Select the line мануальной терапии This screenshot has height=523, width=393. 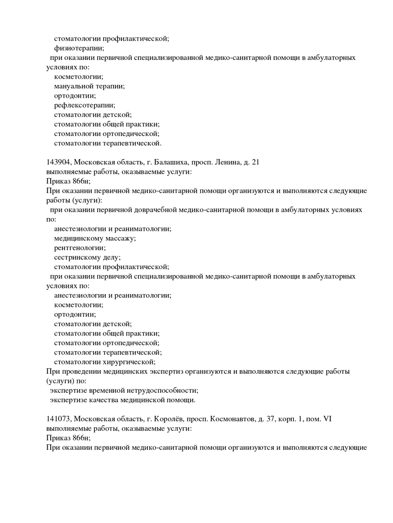pos(89,86)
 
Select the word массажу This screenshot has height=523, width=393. pos(120,238)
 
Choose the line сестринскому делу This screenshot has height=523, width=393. pos(87,257)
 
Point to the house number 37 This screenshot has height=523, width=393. pos(272,419)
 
